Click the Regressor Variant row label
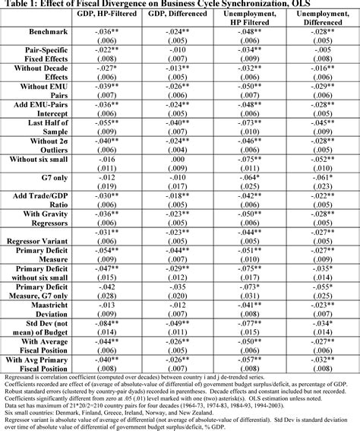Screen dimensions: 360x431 click(x=43, y=239)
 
